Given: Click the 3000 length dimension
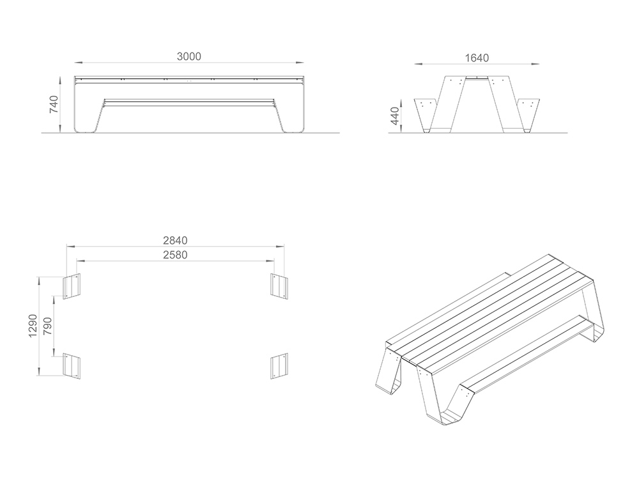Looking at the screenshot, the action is (x=189, y=56).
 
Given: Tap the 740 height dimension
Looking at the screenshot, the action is (x=54, y=104).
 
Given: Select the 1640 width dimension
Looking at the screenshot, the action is (x=477, y=58).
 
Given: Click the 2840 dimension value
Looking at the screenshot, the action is (x=175, y=241).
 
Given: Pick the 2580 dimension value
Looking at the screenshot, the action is (x=175, y=255).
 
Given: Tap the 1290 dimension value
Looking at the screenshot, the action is (x=33, y=326).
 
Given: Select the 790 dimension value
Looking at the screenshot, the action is (x=48, y=326).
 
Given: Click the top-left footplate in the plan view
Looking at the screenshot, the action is (x=72, y=286).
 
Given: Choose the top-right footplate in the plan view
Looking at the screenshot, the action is (x=280, y=285).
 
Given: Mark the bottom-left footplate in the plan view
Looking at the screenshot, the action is (x=72, y=367).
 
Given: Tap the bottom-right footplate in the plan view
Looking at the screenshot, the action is (x=279, y=366).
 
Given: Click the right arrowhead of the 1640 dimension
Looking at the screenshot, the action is (x=535, y=63).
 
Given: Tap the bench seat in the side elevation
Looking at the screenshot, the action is (x=189, y=102).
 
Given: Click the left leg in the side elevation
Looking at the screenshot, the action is (x=88, y=107).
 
